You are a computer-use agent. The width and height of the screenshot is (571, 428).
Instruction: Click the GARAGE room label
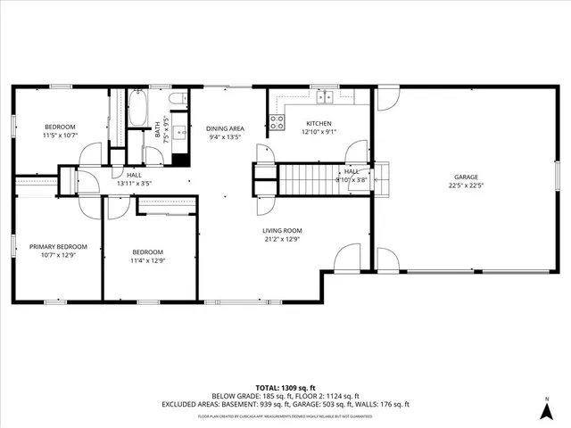(x=466, y=177)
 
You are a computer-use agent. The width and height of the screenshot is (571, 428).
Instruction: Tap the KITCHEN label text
(x=319, y=123)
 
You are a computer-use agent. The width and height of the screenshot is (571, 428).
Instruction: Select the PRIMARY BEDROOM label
(x=58, y=247)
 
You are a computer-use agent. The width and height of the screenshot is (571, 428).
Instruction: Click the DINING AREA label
(x=226, y=128)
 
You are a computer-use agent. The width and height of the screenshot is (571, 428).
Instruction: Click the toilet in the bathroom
(x=177, y=97)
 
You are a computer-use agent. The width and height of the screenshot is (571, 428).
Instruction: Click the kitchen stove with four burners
(x=277, y=119)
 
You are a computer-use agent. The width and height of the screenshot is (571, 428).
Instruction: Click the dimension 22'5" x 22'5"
(x=466, y=187)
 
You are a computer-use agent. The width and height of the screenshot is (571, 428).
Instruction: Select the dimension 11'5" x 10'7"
(x=60, y=136)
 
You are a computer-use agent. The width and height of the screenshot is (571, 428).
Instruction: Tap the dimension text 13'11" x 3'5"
(x=134, y=184)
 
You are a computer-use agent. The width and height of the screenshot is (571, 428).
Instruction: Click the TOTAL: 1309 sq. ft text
(x=285, y=388)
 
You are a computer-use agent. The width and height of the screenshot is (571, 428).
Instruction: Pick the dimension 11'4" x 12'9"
(x=148, y=261)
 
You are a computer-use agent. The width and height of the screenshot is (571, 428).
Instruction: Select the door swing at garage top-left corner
(x=385, y=98)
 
